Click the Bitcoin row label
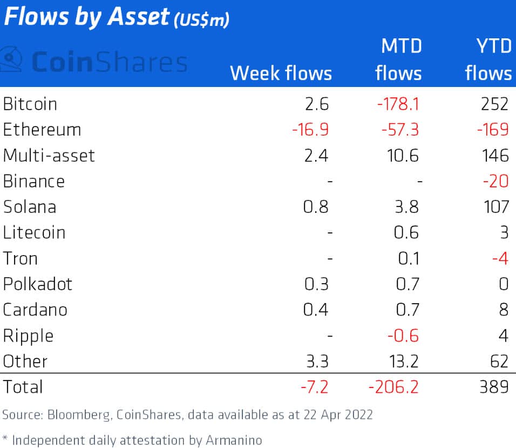pyautogui.click(x=30, y=104)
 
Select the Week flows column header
pyautogui.click(x=281, y=73)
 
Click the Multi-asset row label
pyautogui.click(x=49, y=156)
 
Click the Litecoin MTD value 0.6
pyautogui.click(x=408, y=232)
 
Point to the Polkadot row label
pyautogui.click(x=37, y=284)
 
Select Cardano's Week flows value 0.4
pyautogui.click(x=316, y=310)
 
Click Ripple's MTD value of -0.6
pyautogui.click(x=403, y=336)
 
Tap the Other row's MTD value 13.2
pyautogui.click(x=402, y=361)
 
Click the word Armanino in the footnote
pyautogui.click(x=235, y=439)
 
